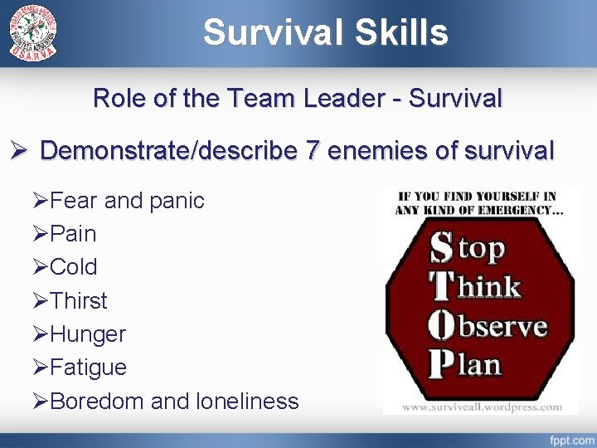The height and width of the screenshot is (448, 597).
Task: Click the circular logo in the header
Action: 34,32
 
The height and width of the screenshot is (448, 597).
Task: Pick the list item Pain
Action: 73,234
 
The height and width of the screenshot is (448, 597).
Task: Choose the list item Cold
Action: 74,267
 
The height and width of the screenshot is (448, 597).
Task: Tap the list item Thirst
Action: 79,300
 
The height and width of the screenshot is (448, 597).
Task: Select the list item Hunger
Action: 87,334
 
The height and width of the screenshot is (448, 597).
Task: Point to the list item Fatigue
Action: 88,368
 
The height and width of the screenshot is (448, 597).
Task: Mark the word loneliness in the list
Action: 248,402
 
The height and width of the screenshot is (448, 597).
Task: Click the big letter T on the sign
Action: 440,286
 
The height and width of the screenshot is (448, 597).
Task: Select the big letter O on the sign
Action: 441,324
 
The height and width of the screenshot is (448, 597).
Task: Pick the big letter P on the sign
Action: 440,363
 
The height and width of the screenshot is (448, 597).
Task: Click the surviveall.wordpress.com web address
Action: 480,407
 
